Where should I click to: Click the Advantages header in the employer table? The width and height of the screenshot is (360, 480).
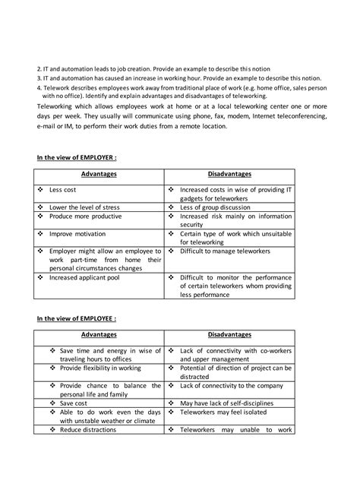tap(99, 174)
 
